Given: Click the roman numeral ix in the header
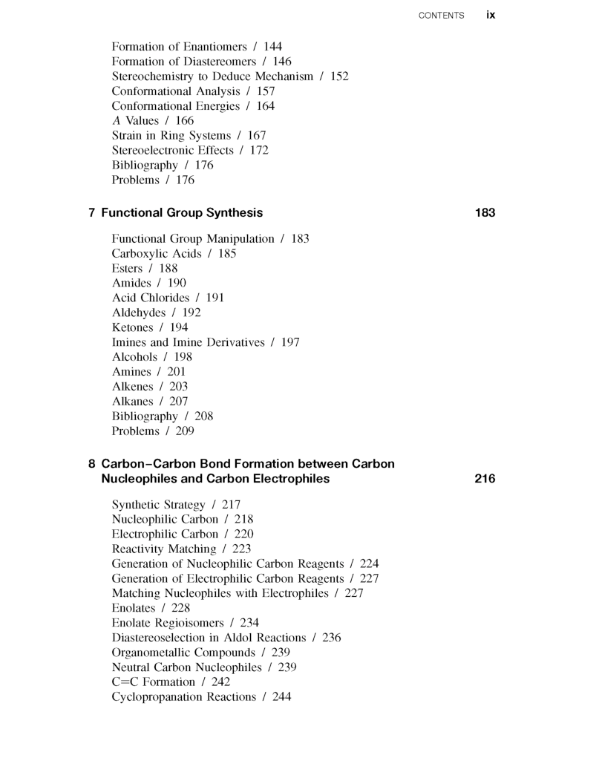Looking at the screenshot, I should tap(491, 15).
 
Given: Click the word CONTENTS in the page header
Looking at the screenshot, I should tap(442, 16).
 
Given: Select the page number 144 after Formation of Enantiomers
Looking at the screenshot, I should tap(272, 47).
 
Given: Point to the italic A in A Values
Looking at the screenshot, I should tap(116, 120).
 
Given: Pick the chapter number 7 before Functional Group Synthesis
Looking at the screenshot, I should tap(91, 213).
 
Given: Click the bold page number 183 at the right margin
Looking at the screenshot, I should tap(485, 213).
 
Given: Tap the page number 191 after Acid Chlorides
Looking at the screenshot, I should tap(215, 298).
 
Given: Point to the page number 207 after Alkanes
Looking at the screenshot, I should tap(178, 402).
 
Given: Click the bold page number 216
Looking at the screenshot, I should tap(485, 479).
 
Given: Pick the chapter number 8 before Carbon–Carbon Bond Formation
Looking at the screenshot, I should tap(91, 464).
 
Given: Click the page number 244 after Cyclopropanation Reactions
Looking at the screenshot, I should tap(281, 697).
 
